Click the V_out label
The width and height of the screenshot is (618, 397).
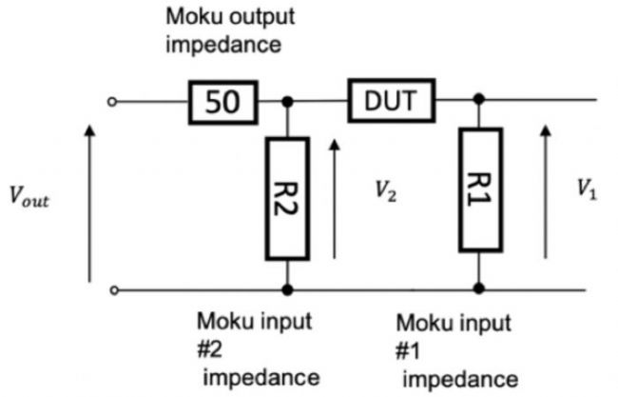click(29, 196)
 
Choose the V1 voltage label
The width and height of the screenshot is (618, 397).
click(587, 189)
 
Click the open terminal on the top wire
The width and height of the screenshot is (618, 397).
click(112, 102)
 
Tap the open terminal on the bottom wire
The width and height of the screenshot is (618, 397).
click(114, 290)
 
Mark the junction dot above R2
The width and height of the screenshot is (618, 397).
click(287, 102)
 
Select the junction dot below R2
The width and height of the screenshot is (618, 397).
click(287, 290)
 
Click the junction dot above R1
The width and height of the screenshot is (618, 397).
click(479, 99)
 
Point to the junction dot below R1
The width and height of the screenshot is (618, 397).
click(479, 288)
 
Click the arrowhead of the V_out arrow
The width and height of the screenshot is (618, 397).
click(90, 130)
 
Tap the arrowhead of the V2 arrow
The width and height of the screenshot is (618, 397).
click(335, 145)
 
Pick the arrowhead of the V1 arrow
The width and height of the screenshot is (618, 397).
click(546, 130)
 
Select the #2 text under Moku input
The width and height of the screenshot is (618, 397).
click(210, 349)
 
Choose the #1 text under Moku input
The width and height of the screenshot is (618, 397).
click(408, 351)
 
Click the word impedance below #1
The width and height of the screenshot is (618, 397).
click(460, 380)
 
